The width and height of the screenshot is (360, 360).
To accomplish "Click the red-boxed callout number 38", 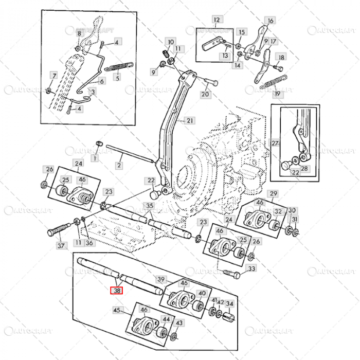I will [118, 290].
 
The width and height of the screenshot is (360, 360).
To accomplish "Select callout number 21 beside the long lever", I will [190, 121].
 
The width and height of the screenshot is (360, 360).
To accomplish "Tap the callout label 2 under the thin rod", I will [119, 166].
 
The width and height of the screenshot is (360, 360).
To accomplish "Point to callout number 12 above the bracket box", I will [216, 20].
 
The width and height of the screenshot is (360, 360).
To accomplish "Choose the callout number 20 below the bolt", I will [205, 94].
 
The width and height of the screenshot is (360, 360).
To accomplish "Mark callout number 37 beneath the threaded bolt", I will [61, 246].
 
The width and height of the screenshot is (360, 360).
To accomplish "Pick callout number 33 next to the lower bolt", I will [251, 268].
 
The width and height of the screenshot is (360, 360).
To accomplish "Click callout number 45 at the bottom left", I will [117, 310].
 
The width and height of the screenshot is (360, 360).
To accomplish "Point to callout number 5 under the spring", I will [117, 78].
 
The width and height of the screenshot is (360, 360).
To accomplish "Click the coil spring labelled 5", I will [121, 65].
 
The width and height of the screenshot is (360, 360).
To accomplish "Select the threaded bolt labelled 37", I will [60, 230].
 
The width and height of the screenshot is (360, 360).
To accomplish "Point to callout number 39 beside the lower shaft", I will [161, 279].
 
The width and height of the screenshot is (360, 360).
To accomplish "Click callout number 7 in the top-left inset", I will [54, 76].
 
